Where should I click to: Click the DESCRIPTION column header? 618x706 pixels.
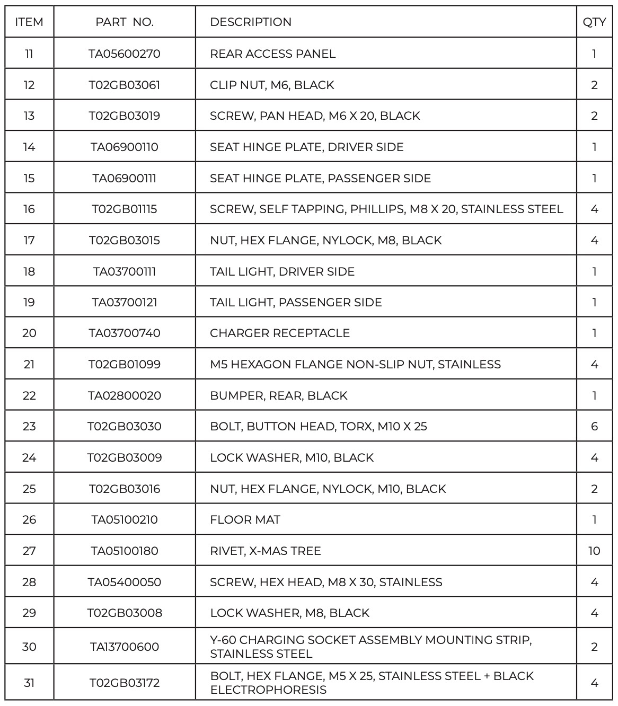tap(251, 22)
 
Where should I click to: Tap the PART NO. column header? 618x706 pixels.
tap(125, 22)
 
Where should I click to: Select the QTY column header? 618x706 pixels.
tap(594, 22)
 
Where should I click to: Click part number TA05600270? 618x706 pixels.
tap(125, 54)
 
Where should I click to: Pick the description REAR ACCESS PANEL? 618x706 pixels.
tap(272, 54)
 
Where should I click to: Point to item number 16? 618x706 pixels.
tap(29, 209)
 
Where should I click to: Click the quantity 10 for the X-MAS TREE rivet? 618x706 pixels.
tap(594, 551)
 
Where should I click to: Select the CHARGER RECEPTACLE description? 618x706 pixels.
tap(280, 333)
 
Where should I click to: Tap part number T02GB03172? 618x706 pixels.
tap(125, 683)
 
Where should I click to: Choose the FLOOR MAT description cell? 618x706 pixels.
tap(245, 519)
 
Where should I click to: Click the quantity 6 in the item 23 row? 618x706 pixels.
tap(594, 426)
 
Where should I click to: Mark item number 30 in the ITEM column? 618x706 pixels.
tap(29, 647)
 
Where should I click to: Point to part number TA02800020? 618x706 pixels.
tap(125, 395)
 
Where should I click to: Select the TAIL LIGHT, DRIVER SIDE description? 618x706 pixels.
tap(282, 271)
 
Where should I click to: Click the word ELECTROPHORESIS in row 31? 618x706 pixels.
tap(268, 690)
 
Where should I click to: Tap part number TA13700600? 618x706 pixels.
tap(125, 647)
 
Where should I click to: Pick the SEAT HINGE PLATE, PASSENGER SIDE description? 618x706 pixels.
tap(320, 178)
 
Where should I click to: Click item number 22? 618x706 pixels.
tap(29, 395)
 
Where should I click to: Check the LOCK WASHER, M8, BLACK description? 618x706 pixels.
tap(289, 613)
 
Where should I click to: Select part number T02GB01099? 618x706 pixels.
tap(125, 364)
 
